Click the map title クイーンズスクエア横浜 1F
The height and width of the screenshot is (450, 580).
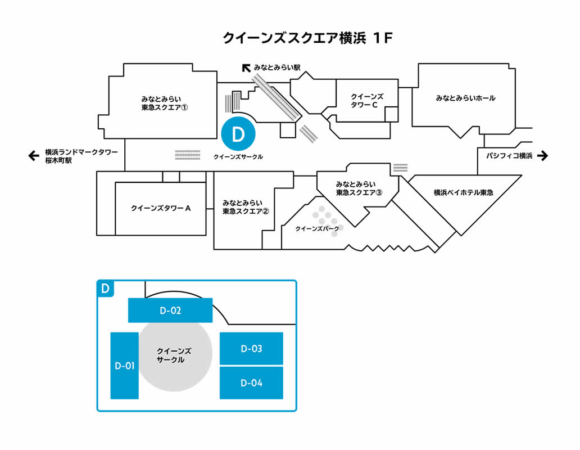tap(307, 38)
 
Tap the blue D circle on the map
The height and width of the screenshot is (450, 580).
tap(239, 134)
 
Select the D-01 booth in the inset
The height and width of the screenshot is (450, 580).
tap(124, 366)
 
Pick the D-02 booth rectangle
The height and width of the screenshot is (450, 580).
tap(170, 310)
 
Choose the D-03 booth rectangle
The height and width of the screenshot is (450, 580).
tap(251, 349)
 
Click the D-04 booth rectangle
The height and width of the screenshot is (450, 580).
tap(251, 383)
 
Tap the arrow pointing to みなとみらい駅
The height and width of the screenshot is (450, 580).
tap(246, 68)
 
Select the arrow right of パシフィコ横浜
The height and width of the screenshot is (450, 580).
tap(542, 156)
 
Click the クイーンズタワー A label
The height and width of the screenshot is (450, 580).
tap(161, 208)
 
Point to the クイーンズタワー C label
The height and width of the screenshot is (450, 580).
tap(366, 101)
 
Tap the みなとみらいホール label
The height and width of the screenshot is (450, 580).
tap(465, 98)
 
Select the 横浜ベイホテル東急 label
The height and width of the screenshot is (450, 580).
tap(463, 192)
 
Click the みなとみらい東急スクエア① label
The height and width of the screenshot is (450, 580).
tap(164, 102)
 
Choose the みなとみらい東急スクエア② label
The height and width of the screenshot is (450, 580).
tap(246, 207)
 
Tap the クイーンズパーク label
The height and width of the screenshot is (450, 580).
tap(317, 229)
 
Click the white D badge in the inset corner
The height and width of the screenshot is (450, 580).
tap(105, 289)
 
